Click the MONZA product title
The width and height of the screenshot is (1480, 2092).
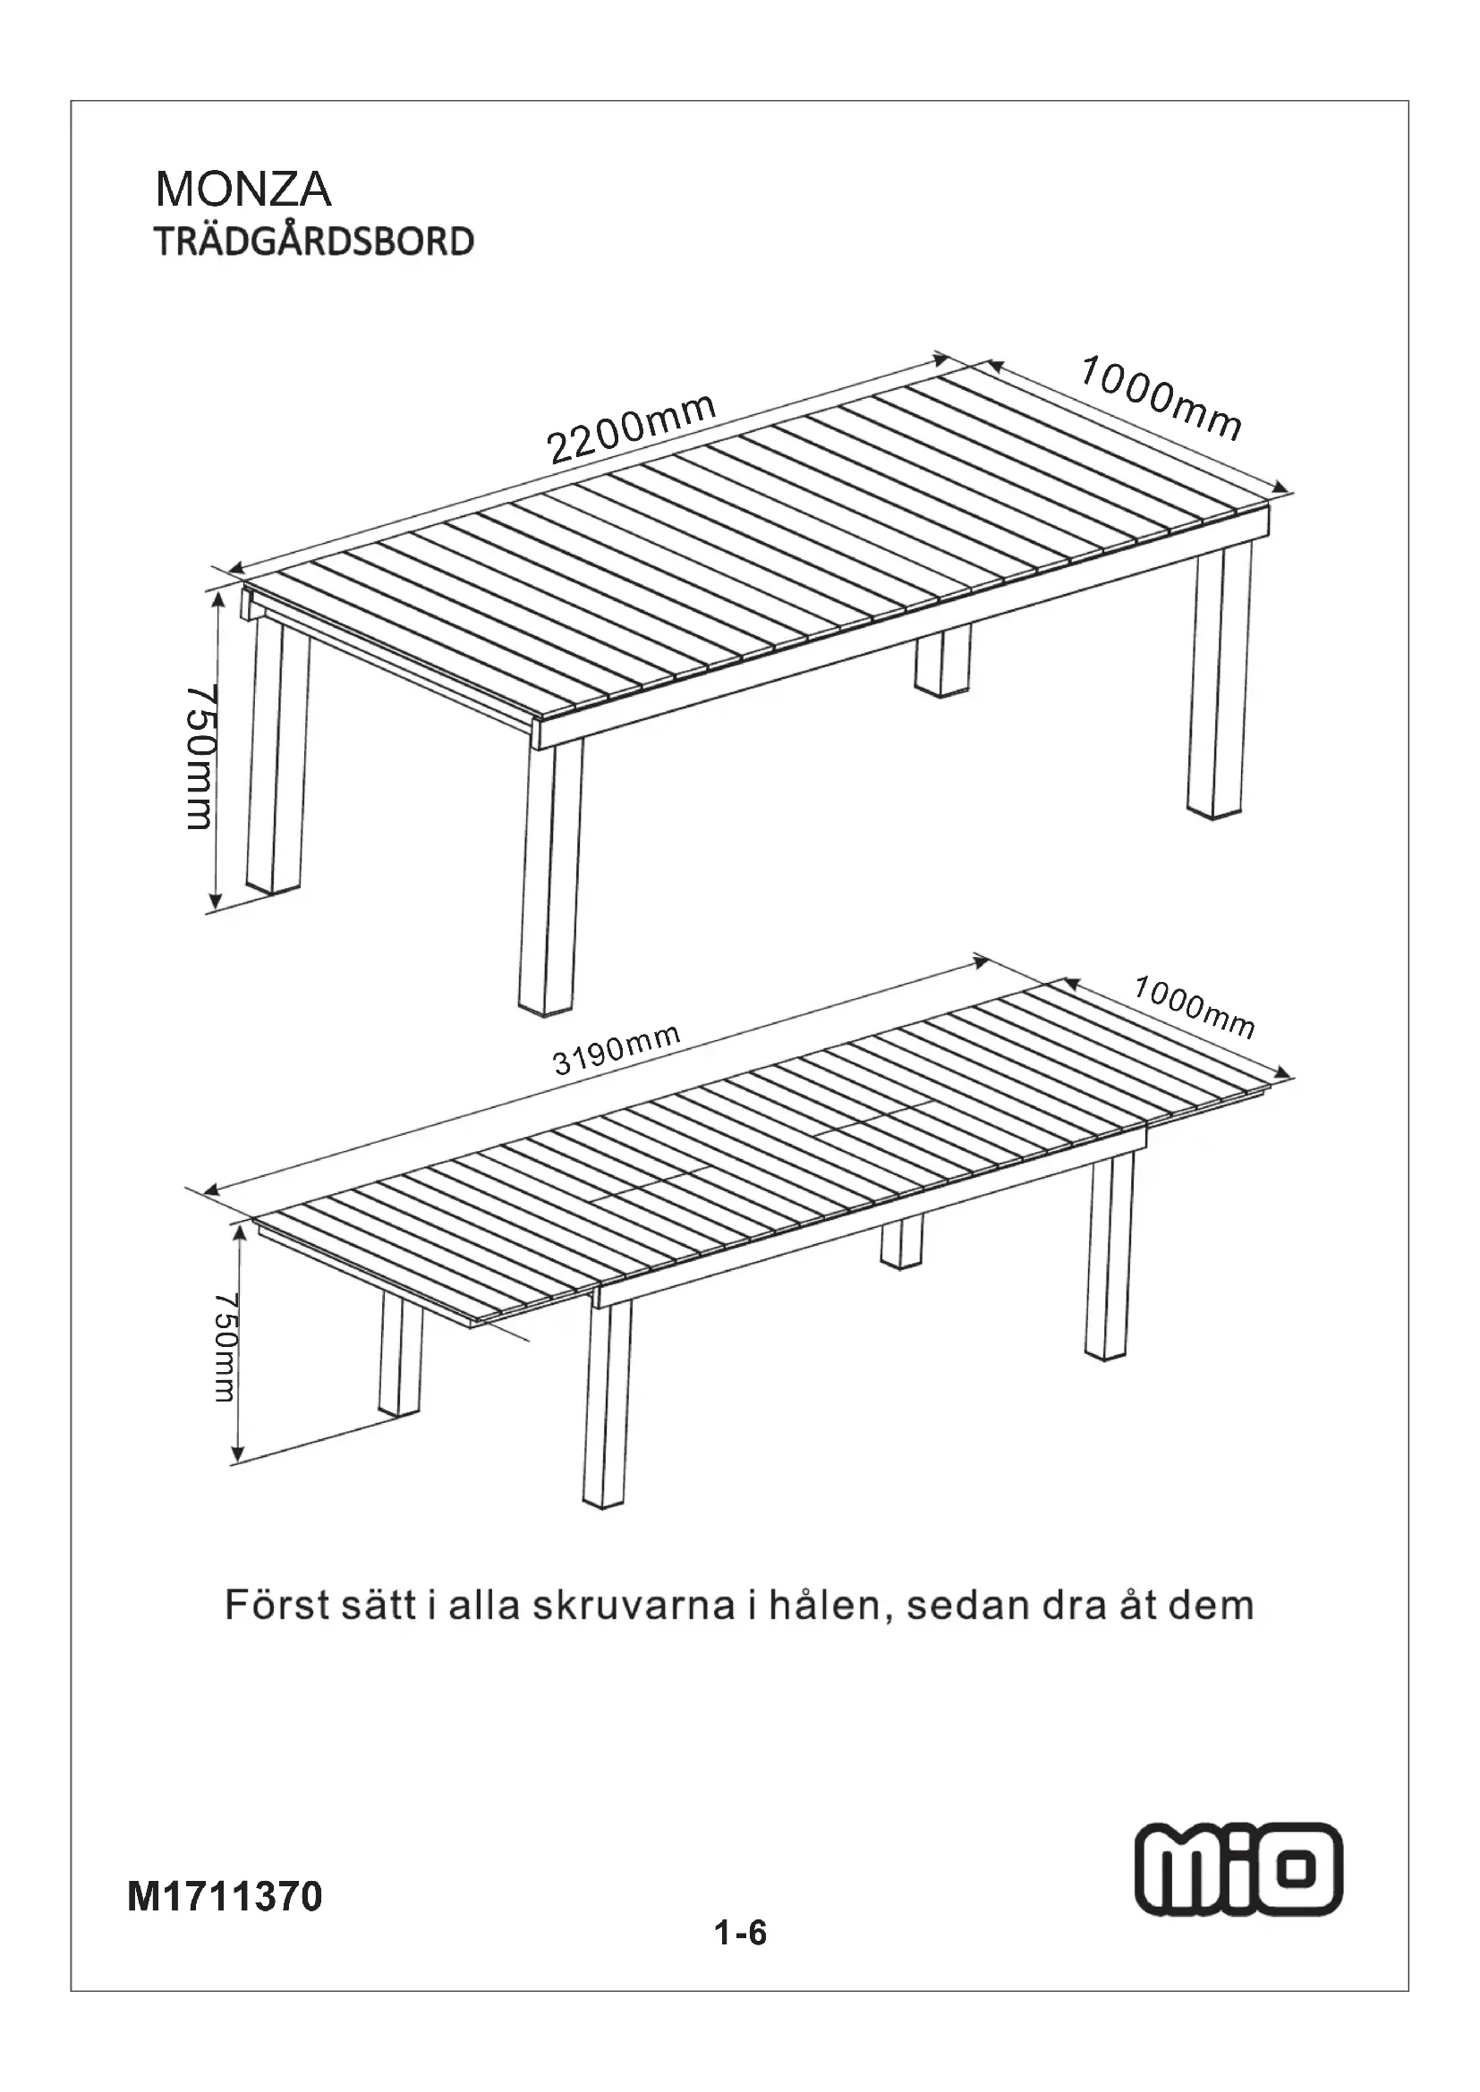click(x=243, y=190)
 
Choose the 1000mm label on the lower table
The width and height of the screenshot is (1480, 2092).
click(x=1194, y=1007)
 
